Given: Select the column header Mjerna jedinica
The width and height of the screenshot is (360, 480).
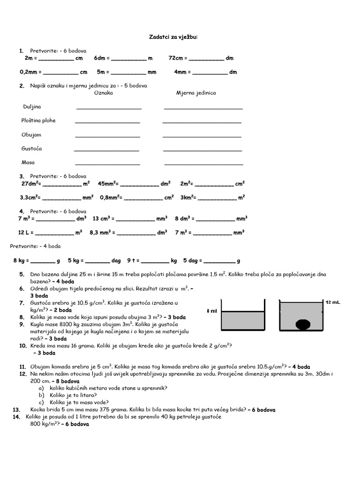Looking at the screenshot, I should point(196,93).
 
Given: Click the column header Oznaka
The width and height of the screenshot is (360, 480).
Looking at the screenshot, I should point(104,93).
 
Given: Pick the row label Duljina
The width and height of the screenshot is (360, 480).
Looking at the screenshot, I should point(32,107).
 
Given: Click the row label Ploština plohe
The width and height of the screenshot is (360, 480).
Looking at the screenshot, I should point(38,120).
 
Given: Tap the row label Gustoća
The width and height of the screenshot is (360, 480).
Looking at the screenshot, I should point(32,149).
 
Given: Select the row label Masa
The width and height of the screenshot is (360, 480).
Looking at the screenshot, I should point(28,162).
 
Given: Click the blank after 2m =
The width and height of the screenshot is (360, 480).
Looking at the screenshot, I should point(56,60).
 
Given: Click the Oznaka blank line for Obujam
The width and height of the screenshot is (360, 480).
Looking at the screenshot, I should point(107,136).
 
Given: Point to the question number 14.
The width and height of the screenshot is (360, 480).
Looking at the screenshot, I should point(16,416).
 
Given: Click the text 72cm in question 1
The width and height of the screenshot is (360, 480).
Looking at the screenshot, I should point(176,58).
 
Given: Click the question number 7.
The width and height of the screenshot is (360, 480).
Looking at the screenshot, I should point(22,303).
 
